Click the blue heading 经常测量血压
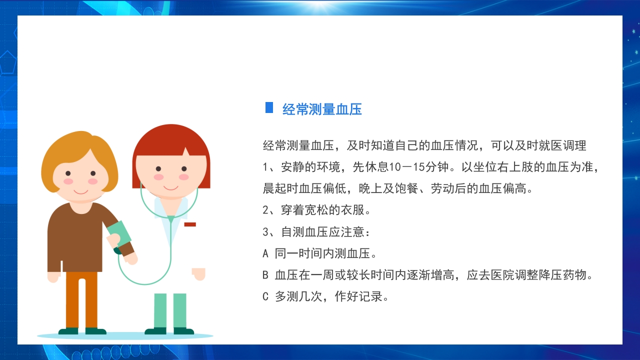[x=322, y=109]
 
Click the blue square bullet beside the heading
[x=269, y=107]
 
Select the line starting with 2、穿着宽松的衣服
[x=317, y=210]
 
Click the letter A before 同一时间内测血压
[x=265, y=253]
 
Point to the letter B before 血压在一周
[x=265, y=275]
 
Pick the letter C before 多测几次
[x=265, y=296]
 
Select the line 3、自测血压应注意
[x=317, y=232]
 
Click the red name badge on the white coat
[x=190, y=224]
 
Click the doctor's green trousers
[x=170, y=310]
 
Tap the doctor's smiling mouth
[x=171, y=187]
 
